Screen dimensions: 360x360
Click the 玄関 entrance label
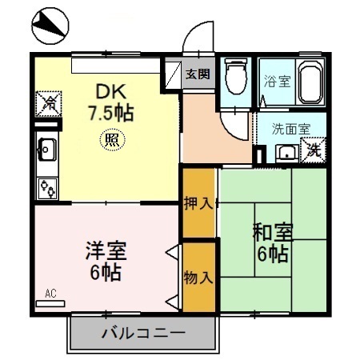[198, 74]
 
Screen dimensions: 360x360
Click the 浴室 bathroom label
[277, 81]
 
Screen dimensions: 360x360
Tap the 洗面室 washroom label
[286, 128]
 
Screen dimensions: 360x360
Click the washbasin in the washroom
[286, 151]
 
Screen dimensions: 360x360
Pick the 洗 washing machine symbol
[314, 150]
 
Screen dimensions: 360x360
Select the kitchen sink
[46, 149]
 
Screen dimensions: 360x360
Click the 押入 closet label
[198, 203]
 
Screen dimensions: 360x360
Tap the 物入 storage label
[198, 278]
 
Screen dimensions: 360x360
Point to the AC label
[51, 293]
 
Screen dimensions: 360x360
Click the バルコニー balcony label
[143, 333]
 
